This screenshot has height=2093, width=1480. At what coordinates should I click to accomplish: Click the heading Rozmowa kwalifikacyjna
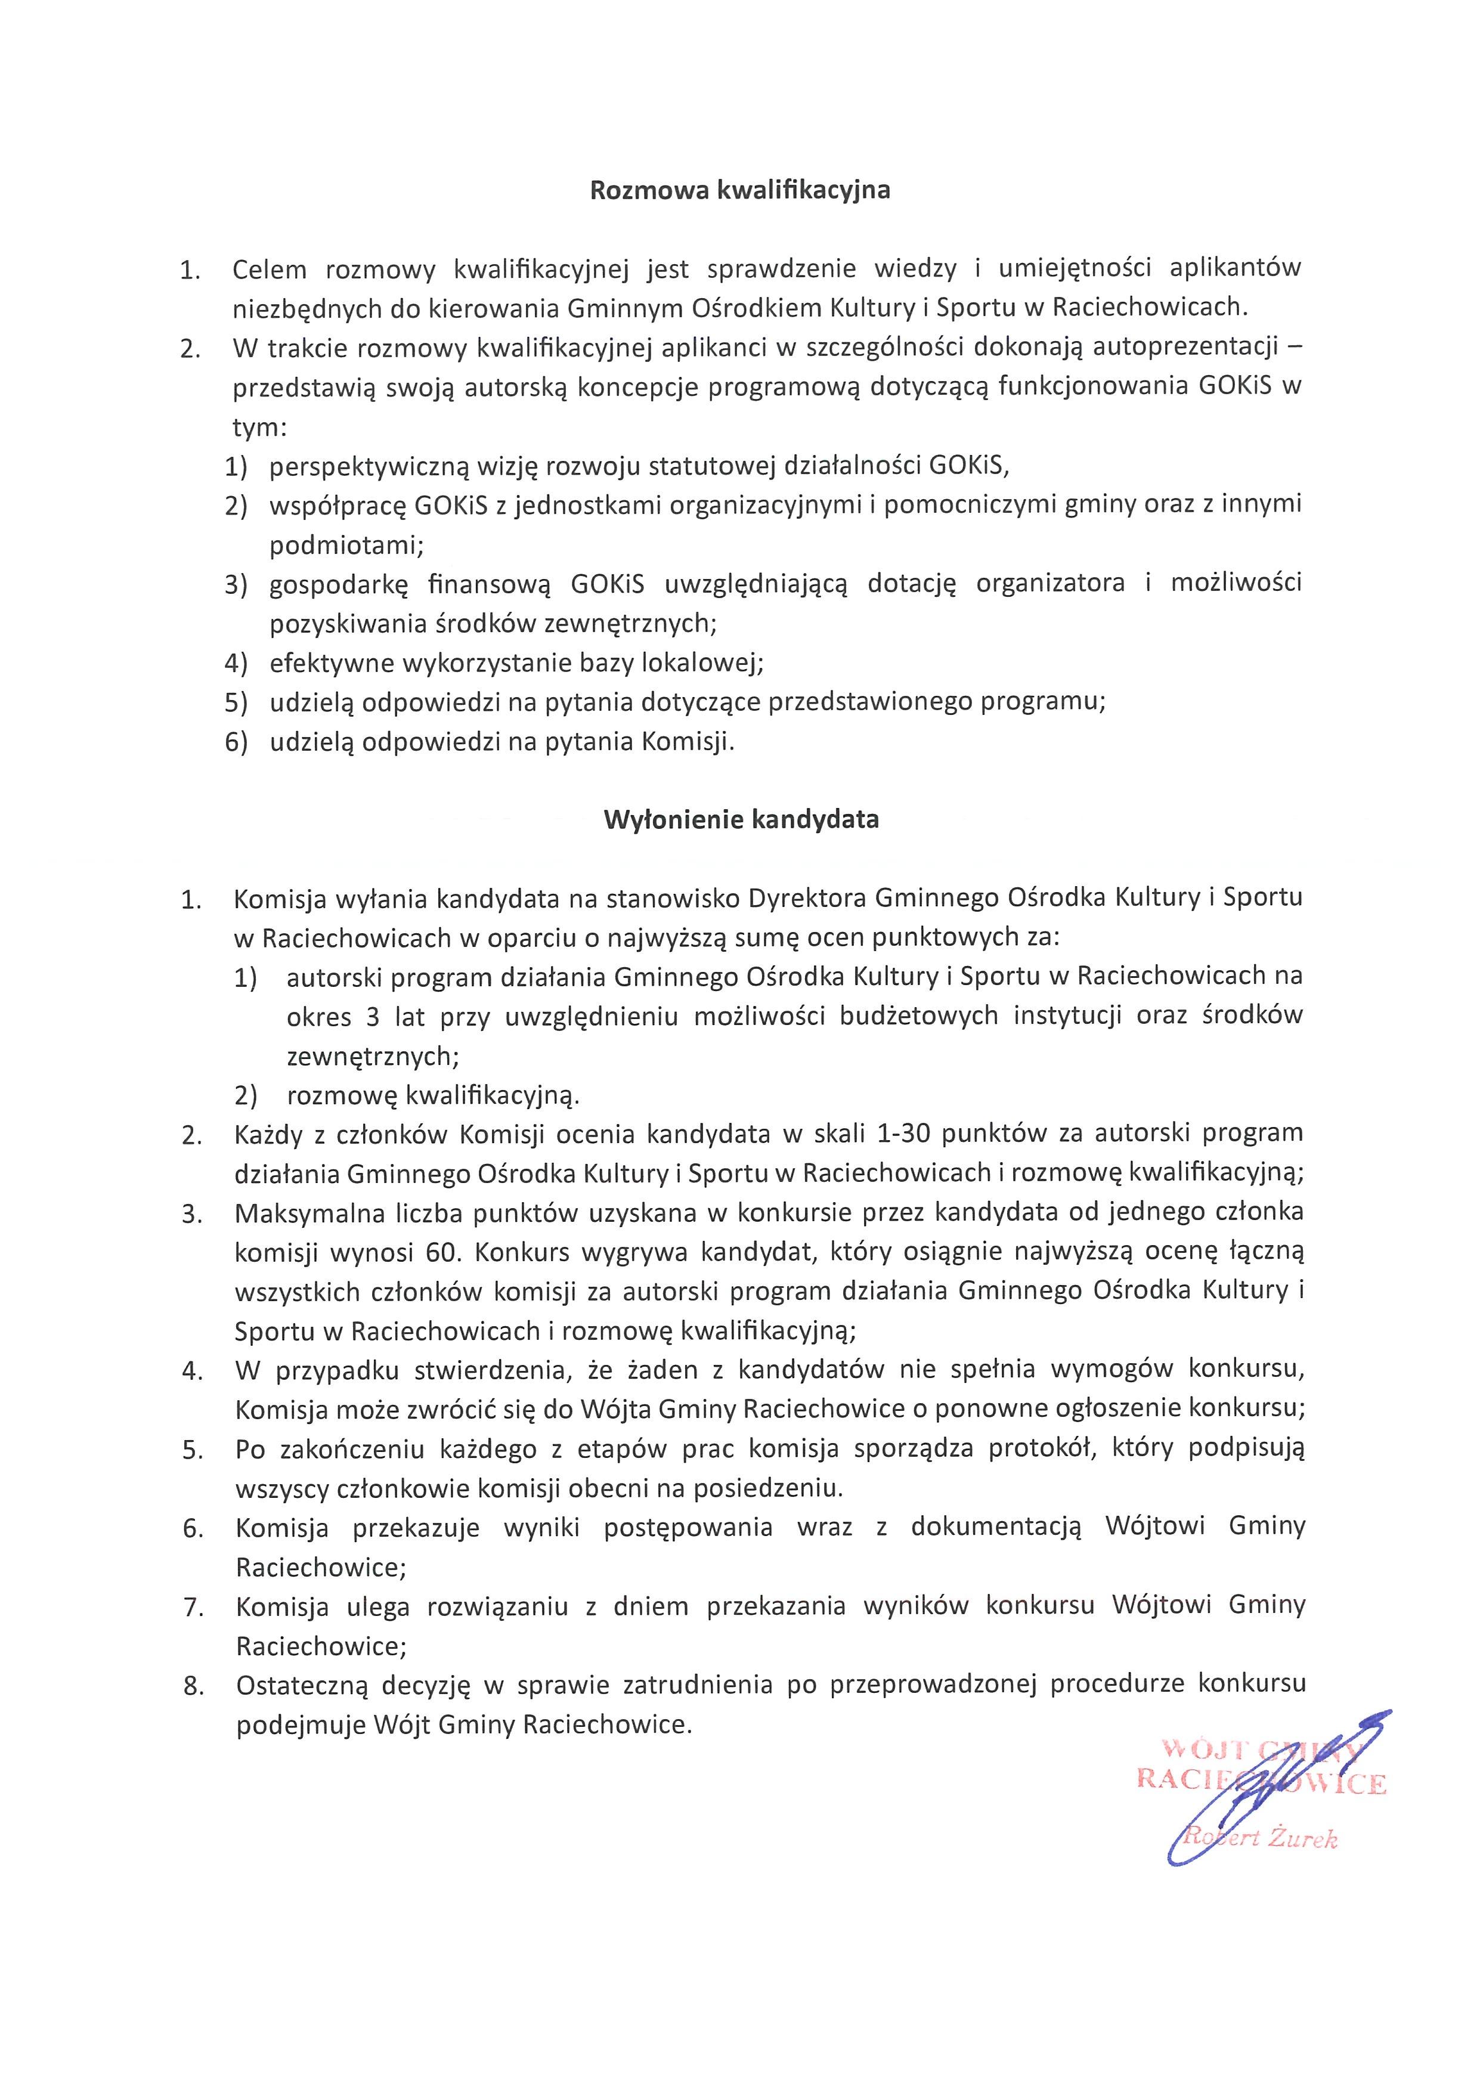[x=740, y=191]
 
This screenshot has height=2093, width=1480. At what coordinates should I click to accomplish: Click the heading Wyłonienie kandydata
[x=740, y=819]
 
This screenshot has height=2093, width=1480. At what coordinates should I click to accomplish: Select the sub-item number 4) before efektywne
[x=236, y=662]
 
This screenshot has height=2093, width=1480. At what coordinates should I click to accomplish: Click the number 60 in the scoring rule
[x=439, y=1252]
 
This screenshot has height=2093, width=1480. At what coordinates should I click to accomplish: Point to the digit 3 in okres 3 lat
[x=373, y=1017]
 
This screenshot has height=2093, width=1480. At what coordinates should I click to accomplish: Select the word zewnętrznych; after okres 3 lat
[x=373, y=1057]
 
